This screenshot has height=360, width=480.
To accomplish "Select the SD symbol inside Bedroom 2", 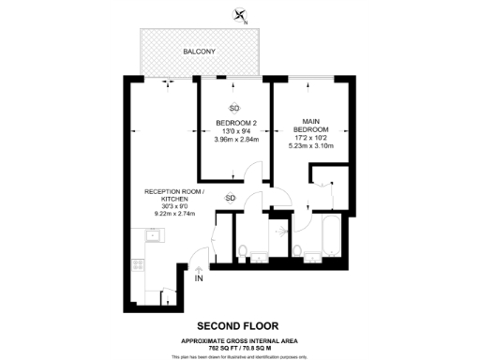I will pyautogui.click(x=234, y=109).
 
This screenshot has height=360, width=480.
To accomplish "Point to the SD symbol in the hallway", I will pyautogui.click(x=231, y=198).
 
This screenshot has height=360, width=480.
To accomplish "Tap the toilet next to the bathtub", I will pyautogui.click(x=298, y=249).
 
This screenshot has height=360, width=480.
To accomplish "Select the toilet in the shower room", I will pyautogui.click(x=244, y=250).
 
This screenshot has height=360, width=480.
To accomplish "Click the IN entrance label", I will pyautogui.click(x=198, y=278).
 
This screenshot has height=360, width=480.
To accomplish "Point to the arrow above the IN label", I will pyautogui.click(x=198, y=268).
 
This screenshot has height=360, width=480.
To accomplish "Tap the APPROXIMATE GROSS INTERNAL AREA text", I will pyautogui.click(x=239, y=340).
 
